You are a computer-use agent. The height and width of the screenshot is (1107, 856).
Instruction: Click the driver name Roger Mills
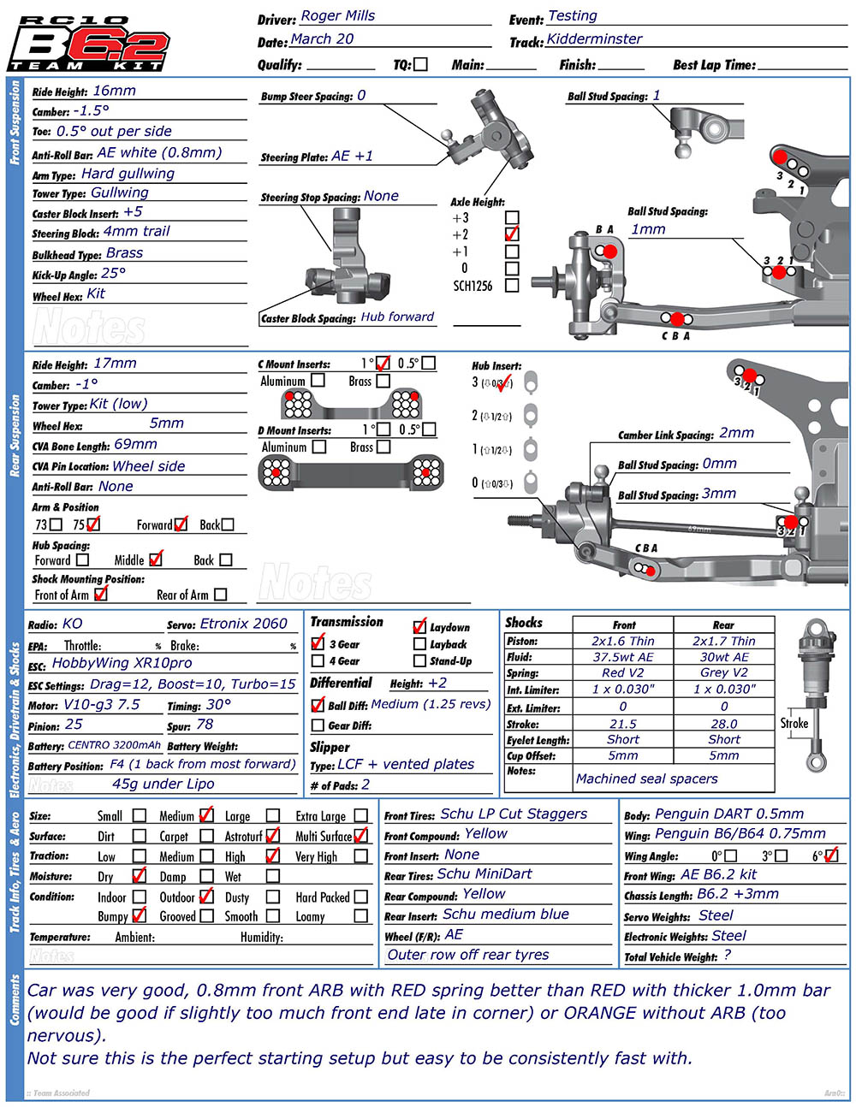click(337, 16)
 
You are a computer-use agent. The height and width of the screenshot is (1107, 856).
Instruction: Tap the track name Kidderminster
click(594, 39)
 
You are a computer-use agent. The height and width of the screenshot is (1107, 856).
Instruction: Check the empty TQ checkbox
click(420, 64)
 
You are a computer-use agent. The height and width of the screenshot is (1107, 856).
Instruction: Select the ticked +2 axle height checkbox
click(512, 234)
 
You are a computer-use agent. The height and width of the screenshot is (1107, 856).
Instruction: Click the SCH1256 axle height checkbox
click(512, 286)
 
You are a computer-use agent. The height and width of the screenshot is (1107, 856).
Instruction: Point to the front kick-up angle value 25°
click(113, 274)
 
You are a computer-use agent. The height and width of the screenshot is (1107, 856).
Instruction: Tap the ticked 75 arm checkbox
click(93, 524)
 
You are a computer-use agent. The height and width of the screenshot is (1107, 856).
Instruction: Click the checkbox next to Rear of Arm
click(221, 595)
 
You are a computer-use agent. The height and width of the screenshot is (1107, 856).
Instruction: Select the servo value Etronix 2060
click(243, 624)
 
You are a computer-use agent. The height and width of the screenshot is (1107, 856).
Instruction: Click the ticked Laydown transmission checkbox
click(419, 627)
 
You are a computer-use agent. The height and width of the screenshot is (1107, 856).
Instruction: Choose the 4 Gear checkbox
click(318, 661)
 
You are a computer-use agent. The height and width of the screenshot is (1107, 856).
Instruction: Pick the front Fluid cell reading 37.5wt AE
click(622, 657)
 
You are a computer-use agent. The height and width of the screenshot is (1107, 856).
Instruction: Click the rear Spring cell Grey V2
click(723, 672)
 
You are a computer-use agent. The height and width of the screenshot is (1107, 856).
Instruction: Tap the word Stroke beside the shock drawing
click(794, 723)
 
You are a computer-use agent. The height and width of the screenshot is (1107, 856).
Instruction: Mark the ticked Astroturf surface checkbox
click(273, 836)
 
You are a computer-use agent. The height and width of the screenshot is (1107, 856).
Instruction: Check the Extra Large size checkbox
click(361, 816)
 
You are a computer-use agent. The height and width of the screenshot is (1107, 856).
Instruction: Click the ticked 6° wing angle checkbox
click(830, 855)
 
